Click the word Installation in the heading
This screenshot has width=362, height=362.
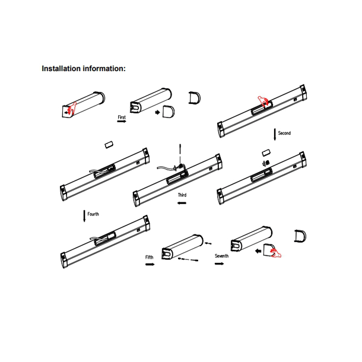pos(61,69)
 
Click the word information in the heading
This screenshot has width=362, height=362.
pos(104,69)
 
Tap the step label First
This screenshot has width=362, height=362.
pos(122,118)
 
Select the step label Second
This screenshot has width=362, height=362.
pos(284,133)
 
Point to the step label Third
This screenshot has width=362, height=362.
pos(182,195)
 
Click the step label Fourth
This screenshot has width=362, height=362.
pos(93,214)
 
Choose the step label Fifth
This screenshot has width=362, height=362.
pos(149,257)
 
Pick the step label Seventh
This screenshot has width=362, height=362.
pos(221,256)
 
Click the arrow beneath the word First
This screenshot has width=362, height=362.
pos(122,122)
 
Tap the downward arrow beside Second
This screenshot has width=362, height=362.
pos(275,135)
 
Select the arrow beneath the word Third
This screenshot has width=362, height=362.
pos(182,203)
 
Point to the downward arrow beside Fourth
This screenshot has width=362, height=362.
pos(84,216)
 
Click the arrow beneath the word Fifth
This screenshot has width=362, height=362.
pos(150,264)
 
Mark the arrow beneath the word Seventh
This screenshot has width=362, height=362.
pos(219,263)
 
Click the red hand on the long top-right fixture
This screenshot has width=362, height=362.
pos(263,100)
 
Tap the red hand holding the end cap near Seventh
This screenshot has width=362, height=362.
pos(276,253)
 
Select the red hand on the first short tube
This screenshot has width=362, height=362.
pos(72,108)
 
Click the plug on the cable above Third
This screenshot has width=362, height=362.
pos(179,167)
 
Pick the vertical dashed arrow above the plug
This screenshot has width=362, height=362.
pos(180,153)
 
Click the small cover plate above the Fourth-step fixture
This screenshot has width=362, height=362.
pos(109,145)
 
